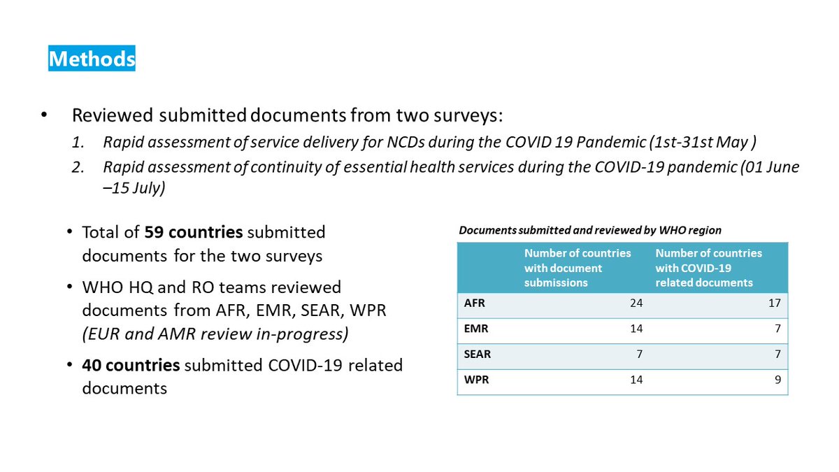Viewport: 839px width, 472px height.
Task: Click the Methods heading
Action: (x=92, y=59)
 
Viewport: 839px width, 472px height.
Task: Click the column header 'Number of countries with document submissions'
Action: (x=578, y=267)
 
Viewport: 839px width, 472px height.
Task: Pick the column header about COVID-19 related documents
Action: (x=708, y=267)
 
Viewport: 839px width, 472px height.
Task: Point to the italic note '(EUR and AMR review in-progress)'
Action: (x=215, y=334)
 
